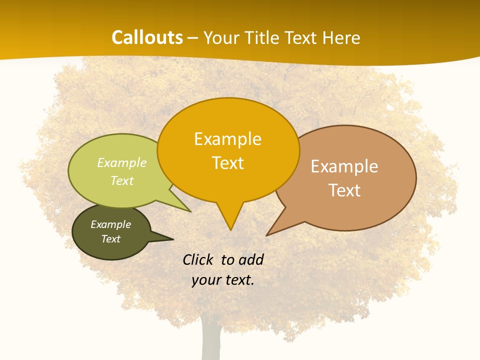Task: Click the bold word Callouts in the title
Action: click(147, 37)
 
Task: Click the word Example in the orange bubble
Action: click(227, 139)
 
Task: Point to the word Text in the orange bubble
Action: click(227, 163)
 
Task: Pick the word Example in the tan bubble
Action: click(344, 166)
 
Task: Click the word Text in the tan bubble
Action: click(344, 190)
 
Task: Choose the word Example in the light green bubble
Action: click(122, 163)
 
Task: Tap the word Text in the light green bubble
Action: click(122, 180)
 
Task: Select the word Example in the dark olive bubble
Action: click(110, 224)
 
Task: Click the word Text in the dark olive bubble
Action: click(110, 239)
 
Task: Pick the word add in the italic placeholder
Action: click(251, 259)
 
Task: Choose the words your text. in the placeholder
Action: click(223, 280)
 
